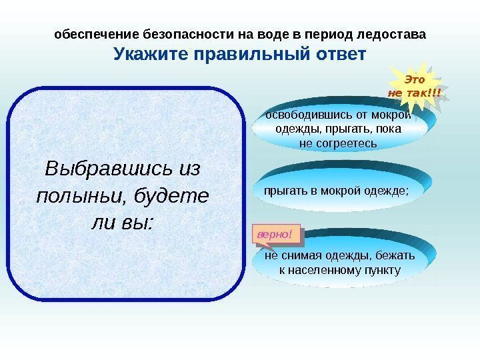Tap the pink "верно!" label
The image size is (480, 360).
click(275, 234)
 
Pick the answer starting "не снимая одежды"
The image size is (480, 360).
click(339, 263)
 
